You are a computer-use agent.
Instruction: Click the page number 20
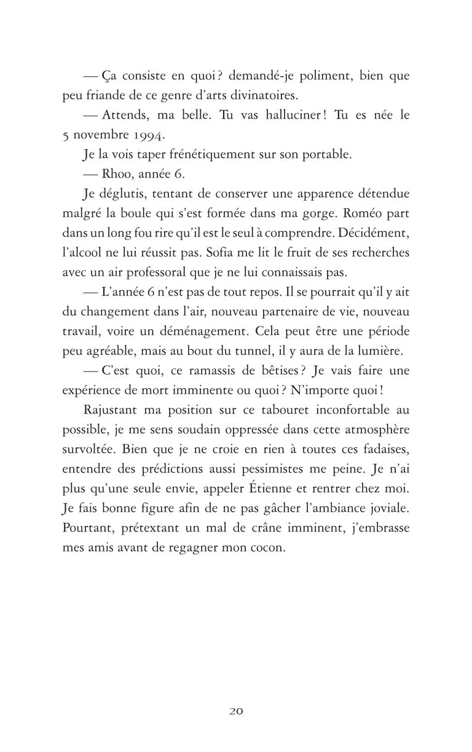[236, 711]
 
